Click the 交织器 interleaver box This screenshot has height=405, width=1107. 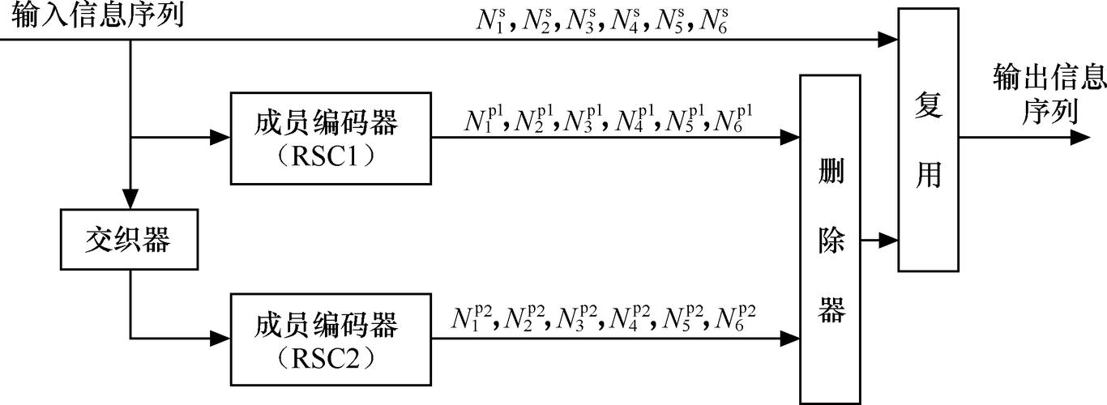tap(130, 239)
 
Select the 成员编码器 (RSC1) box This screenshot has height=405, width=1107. tap(331, 138)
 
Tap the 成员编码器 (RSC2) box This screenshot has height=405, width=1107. tap(331, 339)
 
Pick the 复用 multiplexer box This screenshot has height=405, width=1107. tap(928, 140)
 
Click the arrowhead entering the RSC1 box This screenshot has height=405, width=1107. tap(221, 138)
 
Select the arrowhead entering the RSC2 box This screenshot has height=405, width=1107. tap(221, 336)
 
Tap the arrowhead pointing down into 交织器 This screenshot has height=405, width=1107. tap(130, 200)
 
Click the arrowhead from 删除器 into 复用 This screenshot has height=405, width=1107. tap(888, 240)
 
